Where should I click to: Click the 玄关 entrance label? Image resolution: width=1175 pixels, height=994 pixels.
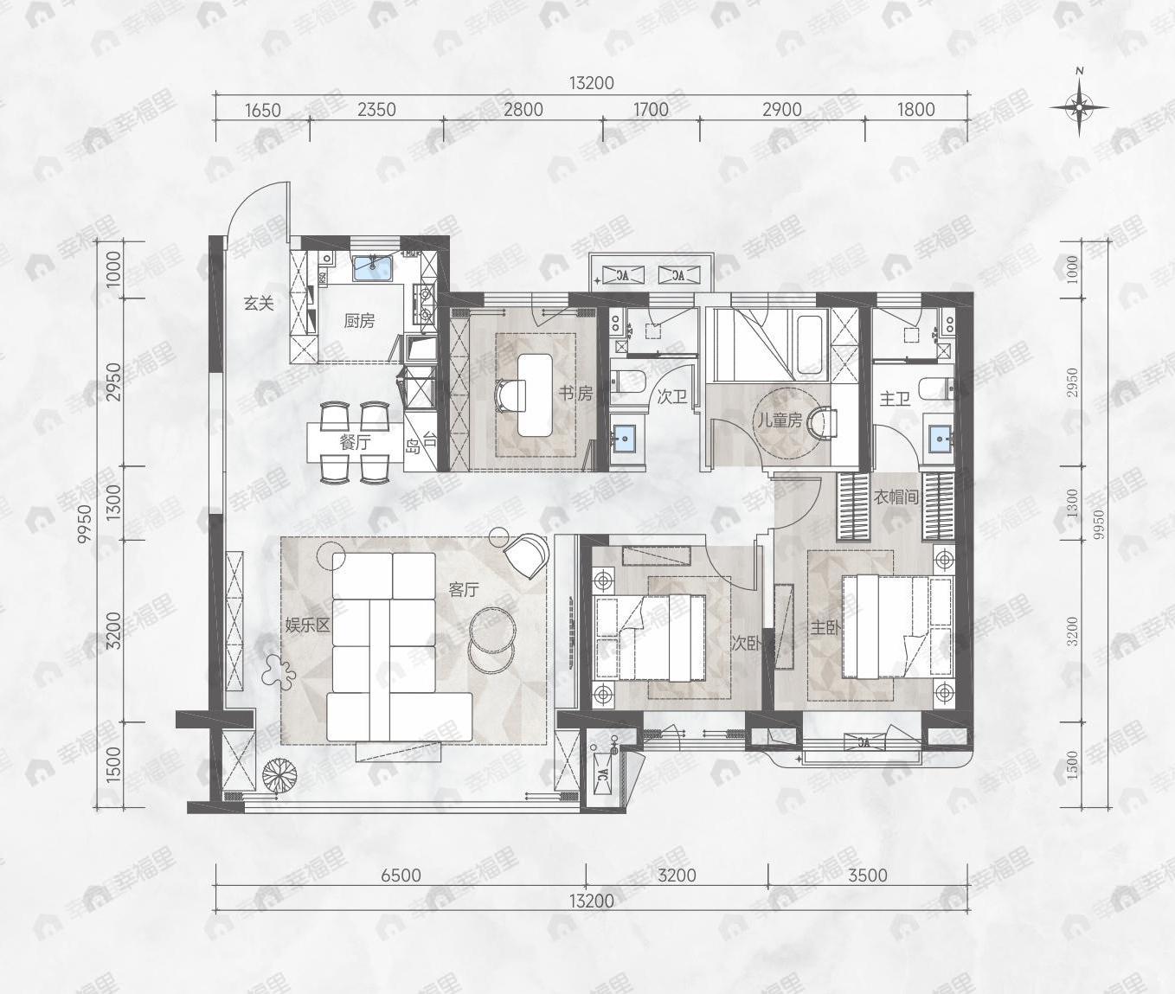point(258,304)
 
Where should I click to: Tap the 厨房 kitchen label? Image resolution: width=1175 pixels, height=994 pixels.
point(359,321)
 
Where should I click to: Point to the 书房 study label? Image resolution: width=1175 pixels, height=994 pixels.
point(575,394)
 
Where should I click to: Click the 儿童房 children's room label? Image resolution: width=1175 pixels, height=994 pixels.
point(780,420)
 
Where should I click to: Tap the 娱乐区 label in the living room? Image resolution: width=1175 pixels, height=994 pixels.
point(308,625)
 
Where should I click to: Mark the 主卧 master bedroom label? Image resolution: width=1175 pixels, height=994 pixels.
point(825,628)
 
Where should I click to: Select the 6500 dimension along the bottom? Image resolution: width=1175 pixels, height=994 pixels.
point(401,875)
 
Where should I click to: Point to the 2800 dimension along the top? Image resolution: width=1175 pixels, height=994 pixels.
point(523,109)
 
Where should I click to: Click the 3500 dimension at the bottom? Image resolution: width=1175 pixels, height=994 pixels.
point(867,875)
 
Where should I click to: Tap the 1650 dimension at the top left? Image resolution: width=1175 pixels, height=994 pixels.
point(263,110)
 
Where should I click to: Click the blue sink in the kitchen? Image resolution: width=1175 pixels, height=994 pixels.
point(374,267)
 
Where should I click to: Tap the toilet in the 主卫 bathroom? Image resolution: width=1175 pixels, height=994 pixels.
point(935,389)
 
